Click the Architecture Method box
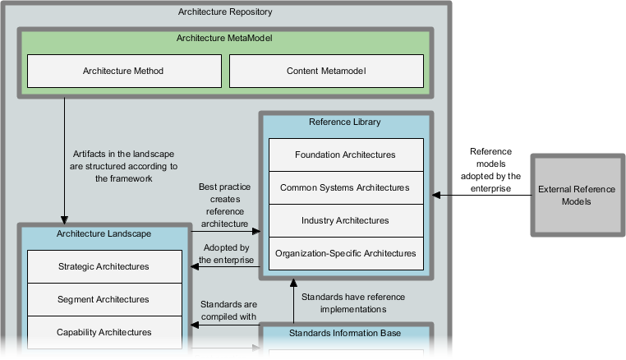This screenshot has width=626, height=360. click(123, 72)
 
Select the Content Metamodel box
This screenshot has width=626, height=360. click(326, 72)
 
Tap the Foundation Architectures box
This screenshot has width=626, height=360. click(345, 155)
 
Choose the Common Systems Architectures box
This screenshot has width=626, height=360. click(345, 187)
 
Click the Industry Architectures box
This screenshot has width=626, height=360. click(345, 220)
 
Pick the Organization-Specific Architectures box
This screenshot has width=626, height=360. click(345, 253)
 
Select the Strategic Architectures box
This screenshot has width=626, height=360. click(104, 267)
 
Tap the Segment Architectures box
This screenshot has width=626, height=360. click(104, 300)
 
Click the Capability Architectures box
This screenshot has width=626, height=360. click(104, 332)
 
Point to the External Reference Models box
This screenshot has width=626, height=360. click(576, 195)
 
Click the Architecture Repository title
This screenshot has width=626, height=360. click(225, 12)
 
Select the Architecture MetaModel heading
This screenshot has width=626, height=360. click(224, 38)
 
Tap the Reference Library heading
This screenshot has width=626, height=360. click(344, 122)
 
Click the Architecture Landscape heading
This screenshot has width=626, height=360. click(104, 234)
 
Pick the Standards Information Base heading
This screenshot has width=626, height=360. click(344, 333)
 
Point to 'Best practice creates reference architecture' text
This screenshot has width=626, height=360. click(223, 205)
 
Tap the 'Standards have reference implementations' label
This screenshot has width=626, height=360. click(353, 303)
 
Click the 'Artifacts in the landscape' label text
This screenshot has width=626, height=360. click(124, 164)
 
